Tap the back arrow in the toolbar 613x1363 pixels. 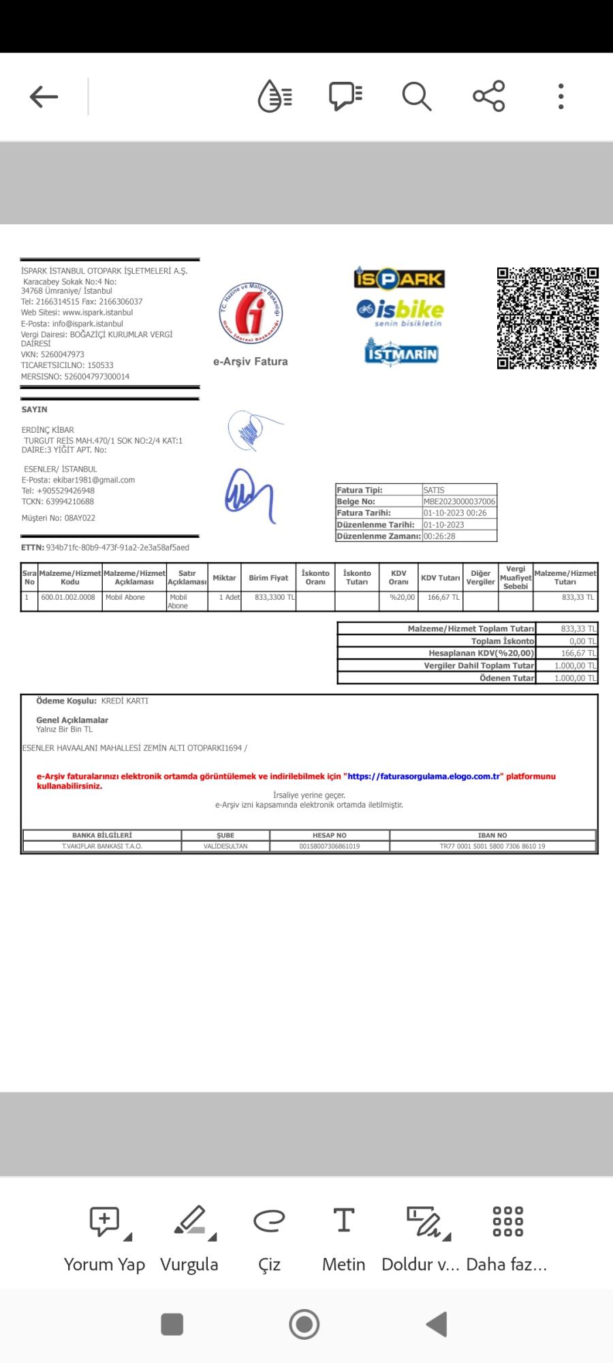44,97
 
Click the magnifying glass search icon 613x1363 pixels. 416,97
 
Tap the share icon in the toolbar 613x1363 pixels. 489,96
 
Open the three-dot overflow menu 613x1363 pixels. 561,97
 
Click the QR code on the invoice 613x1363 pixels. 548,318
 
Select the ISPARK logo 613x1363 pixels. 399,278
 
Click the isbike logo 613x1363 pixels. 400,311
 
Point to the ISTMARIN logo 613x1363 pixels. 401,352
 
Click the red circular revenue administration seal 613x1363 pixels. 251,313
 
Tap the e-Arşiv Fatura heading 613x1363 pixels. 251,362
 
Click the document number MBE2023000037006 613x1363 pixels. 459,502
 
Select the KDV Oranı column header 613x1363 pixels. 398,578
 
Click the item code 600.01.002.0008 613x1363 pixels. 68,598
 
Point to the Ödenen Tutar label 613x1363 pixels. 507,678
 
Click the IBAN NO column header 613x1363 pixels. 492,836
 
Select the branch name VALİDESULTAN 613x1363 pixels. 225,846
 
